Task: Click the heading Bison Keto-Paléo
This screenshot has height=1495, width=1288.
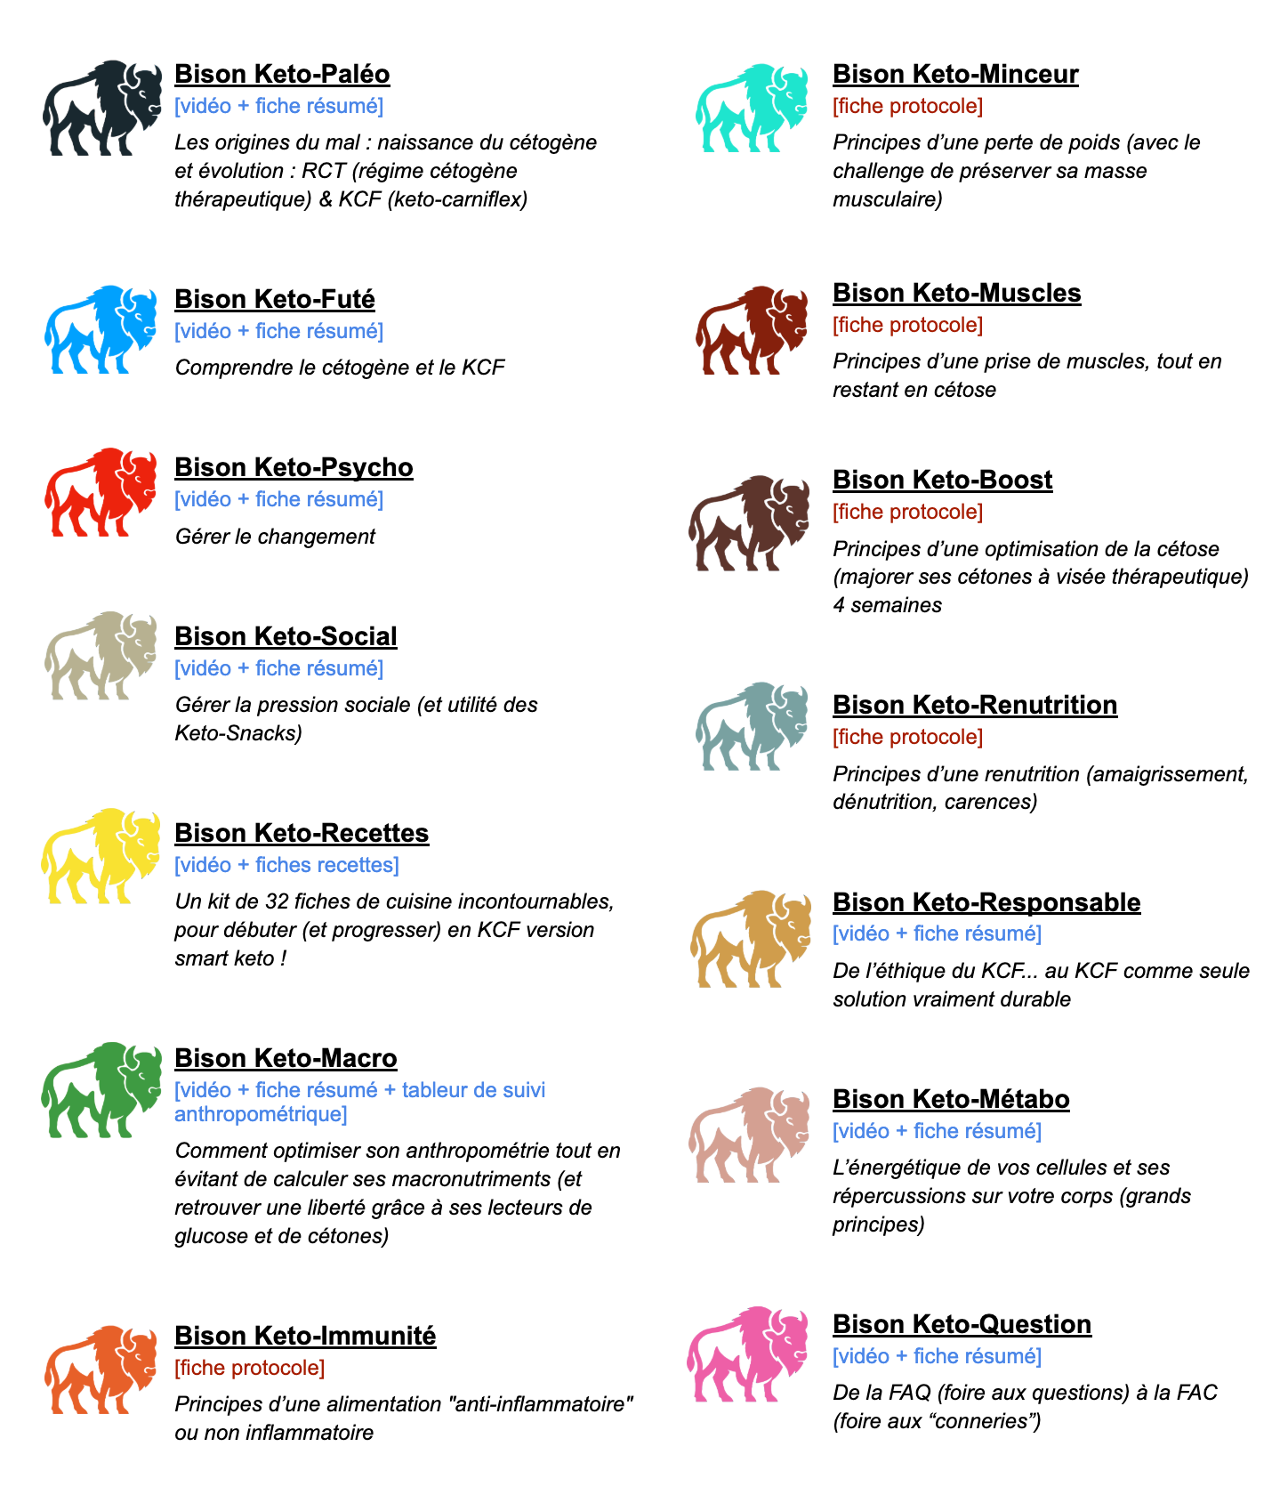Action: point(282,74)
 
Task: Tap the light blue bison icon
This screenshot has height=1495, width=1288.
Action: point(101,329)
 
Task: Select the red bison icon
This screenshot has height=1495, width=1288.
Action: point(101,492)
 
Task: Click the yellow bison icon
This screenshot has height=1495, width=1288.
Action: point(101,855)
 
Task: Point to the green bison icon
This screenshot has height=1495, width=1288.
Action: point(101,1090)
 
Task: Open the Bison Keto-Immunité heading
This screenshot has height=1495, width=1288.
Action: point(305,1336)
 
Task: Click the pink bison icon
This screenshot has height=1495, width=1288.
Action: point(749,1354)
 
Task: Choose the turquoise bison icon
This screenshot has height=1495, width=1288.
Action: point(752,108)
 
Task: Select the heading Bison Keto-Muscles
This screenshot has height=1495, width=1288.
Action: point(956,293)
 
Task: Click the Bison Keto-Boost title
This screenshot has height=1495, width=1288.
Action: point(942,480)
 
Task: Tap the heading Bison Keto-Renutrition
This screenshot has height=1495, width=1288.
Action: point(975,705)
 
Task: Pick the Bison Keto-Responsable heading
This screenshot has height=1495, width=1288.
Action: point(986,902)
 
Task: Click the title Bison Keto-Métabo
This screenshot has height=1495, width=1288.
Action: point(951,1099)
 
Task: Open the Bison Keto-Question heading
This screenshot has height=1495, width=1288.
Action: point(962,1324)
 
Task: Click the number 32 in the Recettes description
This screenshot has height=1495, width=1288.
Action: point(277,901)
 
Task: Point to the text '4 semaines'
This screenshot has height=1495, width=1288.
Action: point(887,605)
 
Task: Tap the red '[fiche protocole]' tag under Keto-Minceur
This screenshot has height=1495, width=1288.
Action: point(907,106)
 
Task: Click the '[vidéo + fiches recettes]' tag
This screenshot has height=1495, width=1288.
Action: point(286,865)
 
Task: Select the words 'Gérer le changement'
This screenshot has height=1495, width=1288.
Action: point(275,537)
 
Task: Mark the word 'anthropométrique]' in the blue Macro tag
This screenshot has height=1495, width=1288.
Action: point(261,1114)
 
